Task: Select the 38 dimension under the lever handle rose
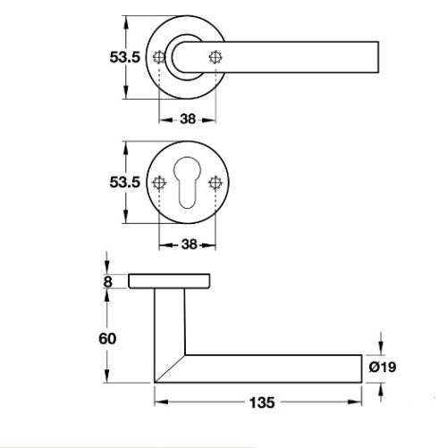(x=187, y=116)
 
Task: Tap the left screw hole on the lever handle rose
(x=160, y=57)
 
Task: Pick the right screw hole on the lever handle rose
(x=215, y=57)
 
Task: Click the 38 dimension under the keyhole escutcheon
(x=187, y=241)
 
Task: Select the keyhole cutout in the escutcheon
(x=188, y=184)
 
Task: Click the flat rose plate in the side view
(x=171, y=282)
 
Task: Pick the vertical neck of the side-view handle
(x=169, y=321)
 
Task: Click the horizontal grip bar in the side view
(x=277, y=367)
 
